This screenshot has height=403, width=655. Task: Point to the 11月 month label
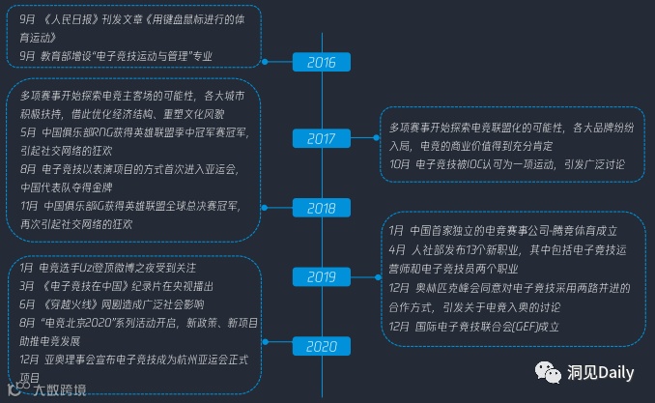[30, 206]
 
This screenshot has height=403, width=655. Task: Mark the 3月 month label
[27, 286]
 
